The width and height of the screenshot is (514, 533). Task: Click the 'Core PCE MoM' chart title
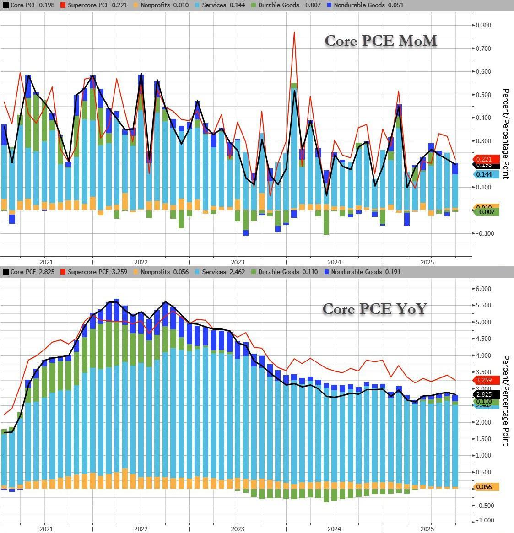(381, 41)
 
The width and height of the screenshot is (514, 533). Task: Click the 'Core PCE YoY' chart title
(374, 309)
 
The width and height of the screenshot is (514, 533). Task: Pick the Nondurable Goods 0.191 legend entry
(363, 272)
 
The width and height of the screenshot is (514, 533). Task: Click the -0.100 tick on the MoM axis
(484, 233)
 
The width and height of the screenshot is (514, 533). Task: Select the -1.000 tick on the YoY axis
(484, 521)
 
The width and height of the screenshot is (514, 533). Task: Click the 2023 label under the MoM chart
(237, 262)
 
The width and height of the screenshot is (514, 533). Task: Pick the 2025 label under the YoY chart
(427, 529)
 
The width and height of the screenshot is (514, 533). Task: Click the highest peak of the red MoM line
(294, 32)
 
